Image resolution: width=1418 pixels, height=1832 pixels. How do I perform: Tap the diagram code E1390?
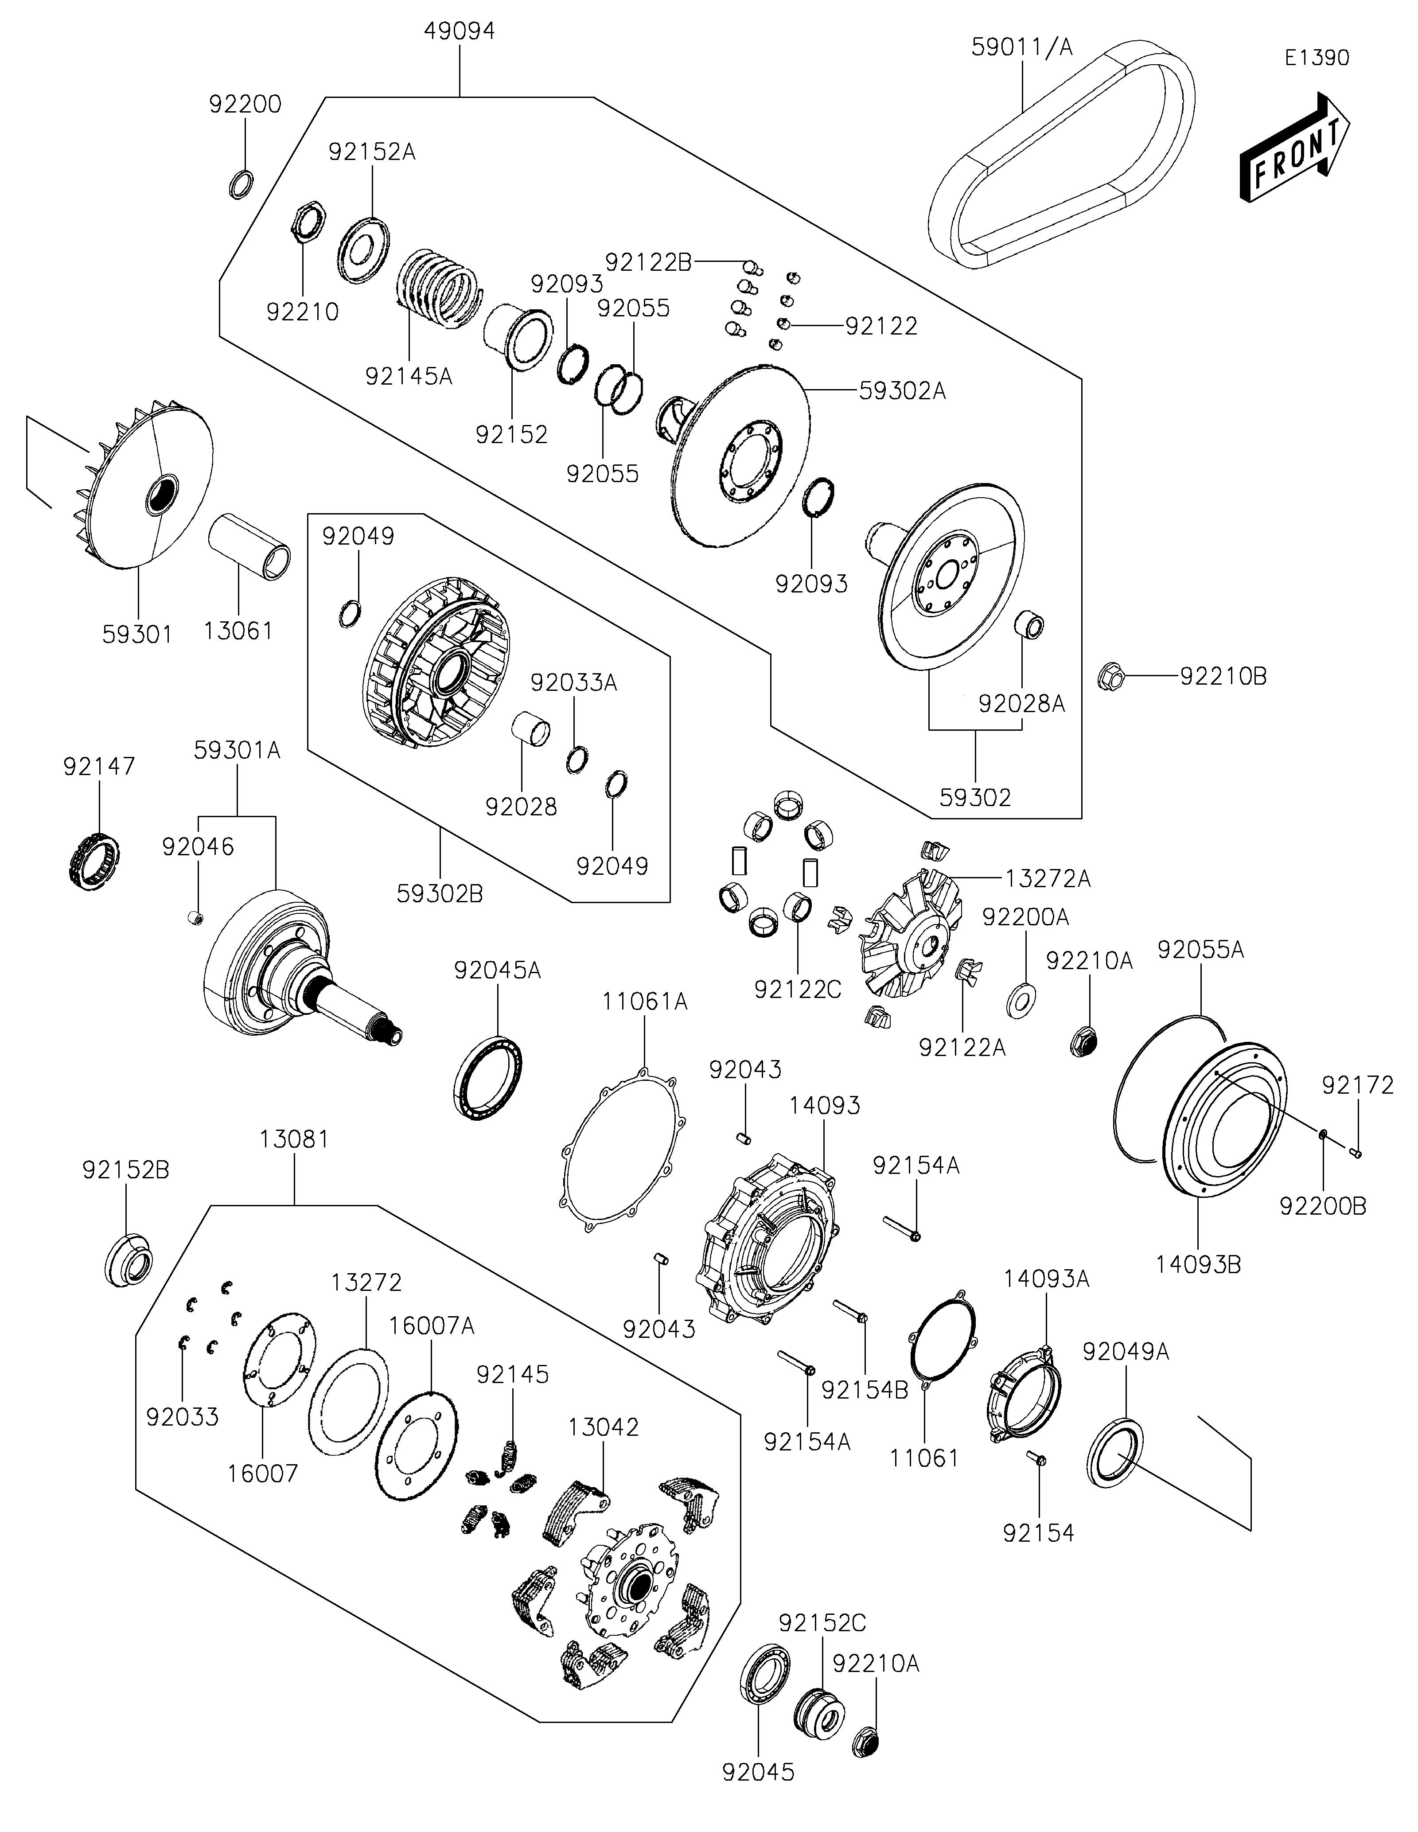click(x=1317, y=58)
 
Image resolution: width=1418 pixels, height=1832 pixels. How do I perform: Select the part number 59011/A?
click(x=1021, y=47)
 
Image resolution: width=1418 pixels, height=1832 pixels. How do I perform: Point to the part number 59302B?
click(x=440, y=894)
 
